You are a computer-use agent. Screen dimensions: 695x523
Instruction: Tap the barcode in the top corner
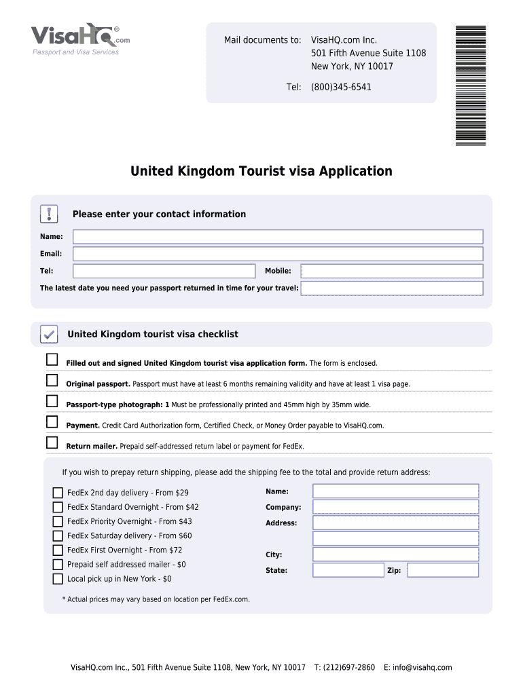[471, 85]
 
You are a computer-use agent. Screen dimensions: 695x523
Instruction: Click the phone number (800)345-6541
[341, 87]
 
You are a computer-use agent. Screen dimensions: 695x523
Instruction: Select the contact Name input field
[278, 237]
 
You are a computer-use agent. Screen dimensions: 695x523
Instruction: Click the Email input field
[278, 254]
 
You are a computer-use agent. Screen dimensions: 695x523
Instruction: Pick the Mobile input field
[392, 271]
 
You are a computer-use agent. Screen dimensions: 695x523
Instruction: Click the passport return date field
[392, 288]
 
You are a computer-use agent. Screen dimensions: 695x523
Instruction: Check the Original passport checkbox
[52, 380]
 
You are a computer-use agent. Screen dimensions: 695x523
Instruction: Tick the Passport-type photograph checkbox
[52, 401]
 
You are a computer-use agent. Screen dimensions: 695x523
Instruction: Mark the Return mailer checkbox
[52, 443]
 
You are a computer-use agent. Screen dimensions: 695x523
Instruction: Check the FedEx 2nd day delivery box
[58, 493]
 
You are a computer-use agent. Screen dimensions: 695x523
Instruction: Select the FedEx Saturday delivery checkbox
[58, 536]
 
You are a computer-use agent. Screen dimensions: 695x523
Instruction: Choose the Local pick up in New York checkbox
[58, 579]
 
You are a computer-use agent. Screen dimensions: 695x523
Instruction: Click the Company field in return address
[395, 507]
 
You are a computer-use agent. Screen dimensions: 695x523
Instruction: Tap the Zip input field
[443, 570]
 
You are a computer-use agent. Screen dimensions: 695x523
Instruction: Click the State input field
[348, 570]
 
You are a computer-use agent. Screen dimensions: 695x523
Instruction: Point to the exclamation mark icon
[50, 214]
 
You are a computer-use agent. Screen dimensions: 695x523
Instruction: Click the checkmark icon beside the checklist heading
[49, 334]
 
